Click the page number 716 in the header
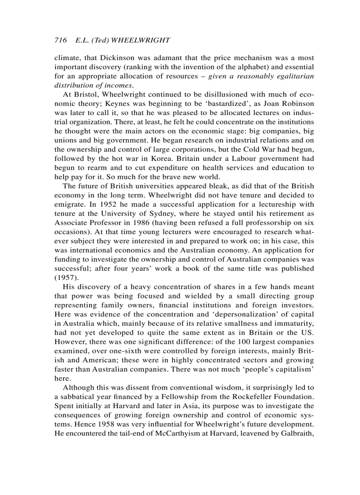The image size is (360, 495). [x=60, y=40]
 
